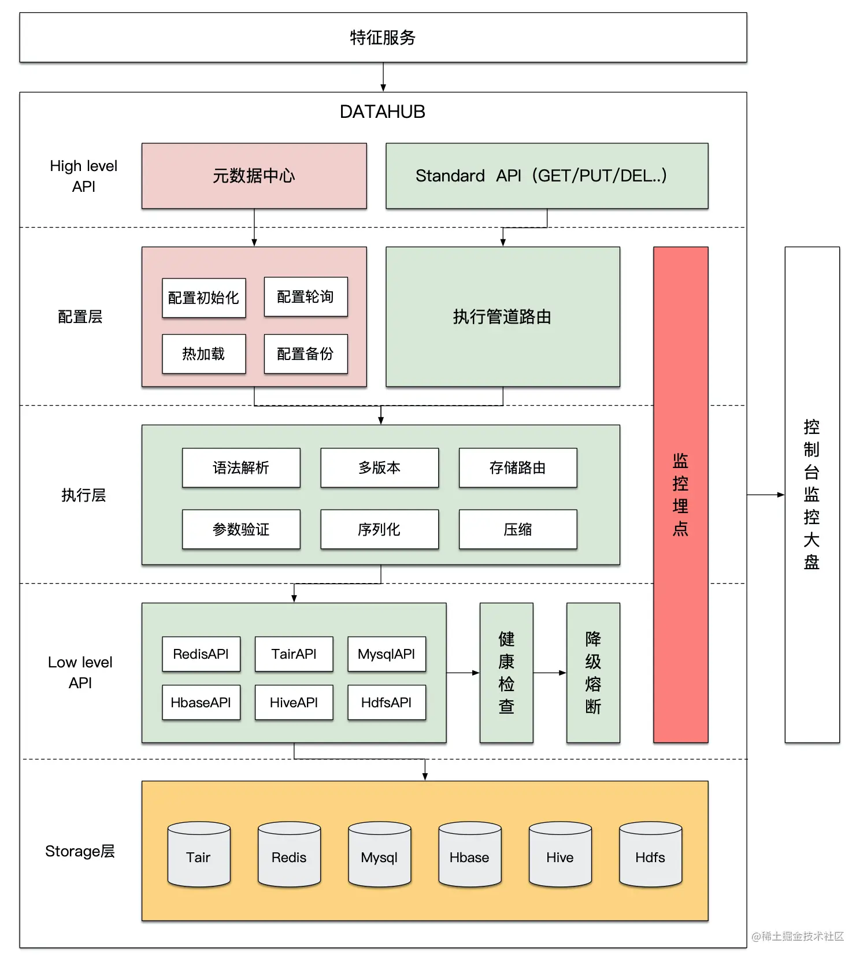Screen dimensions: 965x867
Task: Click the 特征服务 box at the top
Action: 383,38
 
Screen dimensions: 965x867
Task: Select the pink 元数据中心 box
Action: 254,176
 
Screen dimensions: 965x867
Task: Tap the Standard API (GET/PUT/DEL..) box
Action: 546,176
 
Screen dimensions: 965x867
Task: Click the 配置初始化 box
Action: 203,298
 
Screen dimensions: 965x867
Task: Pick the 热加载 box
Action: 203,354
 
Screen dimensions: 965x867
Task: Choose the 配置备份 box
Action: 305,354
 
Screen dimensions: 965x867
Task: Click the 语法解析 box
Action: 241,467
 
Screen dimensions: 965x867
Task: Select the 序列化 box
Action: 379,529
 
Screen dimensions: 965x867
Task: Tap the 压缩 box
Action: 517,529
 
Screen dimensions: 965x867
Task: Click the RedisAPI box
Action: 201,654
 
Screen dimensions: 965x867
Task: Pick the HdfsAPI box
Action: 386,702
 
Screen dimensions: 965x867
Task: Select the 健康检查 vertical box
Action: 506,673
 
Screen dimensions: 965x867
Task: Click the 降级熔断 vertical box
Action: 593,673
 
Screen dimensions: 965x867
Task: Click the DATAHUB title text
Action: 382,112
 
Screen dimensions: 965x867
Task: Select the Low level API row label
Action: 80,673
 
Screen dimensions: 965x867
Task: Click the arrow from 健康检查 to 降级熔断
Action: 549,673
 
